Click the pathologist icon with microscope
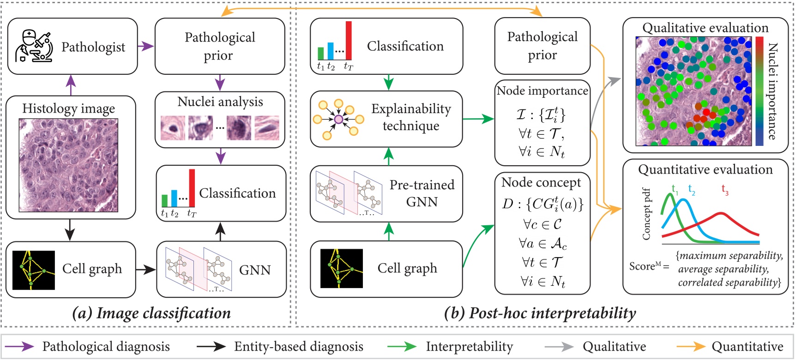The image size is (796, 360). click(34, 46)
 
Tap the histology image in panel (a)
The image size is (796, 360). click(68, 165)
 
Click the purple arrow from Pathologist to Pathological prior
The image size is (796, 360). click(146, 46)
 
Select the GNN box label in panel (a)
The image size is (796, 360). click(254, 270)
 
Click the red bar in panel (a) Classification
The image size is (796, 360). click(192, 188)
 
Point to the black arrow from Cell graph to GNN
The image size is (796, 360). click(146, 270)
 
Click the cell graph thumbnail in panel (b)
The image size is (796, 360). click(342, 269)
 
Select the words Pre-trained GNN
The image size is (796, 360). click(422, 193)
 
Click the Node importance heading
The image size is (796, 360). click(542, 91)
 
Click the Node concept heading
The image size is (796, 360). click(541, 183)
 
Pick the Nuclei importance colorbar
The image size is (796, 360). click(759, 91)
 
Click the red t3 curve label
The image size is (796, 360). click(725, 189)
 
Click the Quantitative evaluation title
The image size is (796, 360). click(705, 170)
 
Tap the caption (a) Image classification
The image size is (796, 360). click(151, 313)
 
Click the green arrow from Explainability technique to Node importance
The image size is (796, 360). click(478, 119)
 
